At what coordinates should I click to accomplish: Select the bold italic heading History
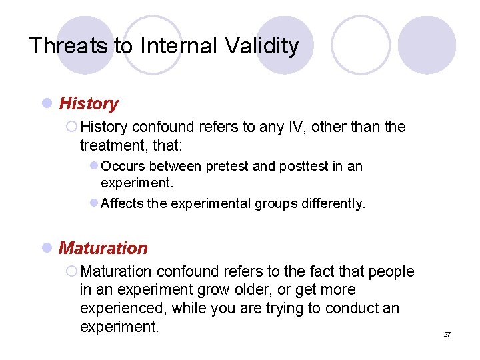(89, 104)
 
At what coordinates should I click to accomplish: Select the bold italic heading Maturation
(103, 248)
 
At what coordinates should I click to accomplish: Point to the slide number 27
(447, 334)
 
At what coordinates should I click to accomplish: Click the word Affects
(122, 204)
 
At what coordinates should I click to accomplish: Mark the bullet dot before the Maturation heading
(46, 248)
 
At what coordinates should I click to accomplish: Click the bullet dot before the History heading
(46, 104)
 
